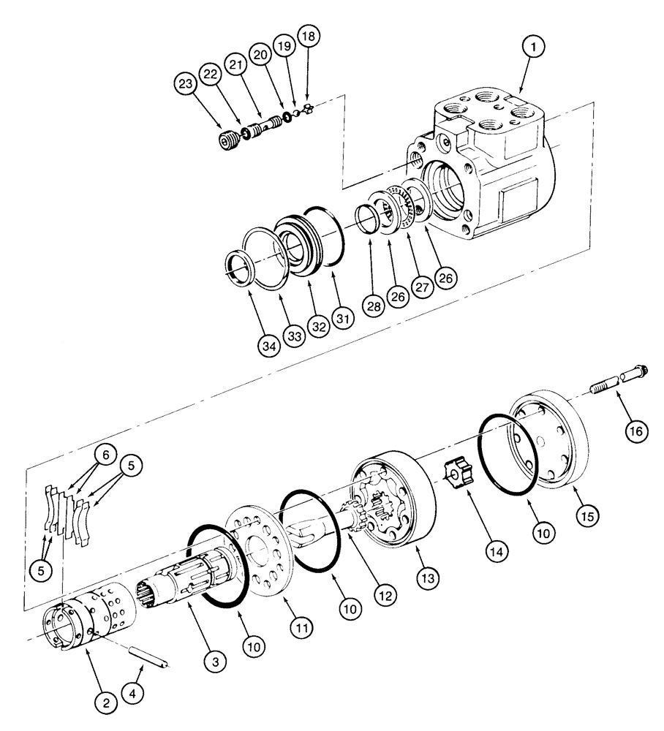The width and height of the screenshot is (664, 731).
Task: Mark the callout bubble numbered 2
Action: coord(106,703)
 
